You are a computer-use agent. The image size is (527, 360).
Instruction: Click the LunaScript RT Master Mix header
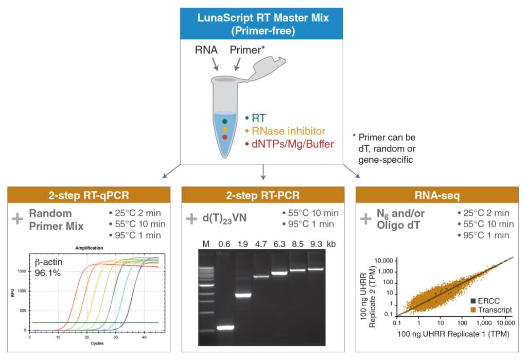[263, 24]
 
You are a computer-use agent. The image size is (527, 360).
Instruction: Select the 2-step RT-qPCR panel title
[88, 195]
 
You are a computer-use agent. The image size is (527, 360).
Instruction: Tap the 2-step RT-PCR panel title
[263, 195]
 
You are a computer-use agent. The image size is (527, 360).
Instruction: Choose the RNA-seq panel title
[438, 195]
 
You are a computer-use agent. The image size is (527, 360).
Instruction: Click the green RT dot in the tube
[225, 121]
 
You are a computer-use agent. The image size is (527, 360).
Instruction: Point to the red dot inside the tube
[225, 138]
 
